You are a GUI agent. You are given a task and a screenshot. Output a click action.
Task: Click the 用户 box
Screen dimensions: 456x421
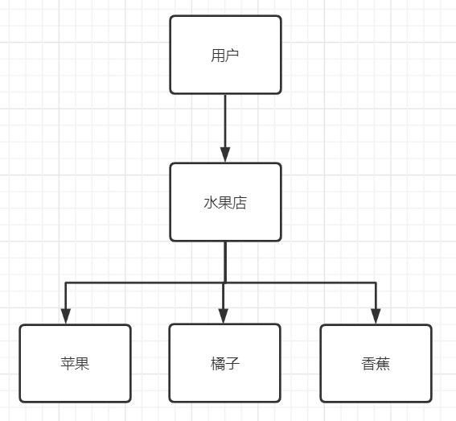[225, 55]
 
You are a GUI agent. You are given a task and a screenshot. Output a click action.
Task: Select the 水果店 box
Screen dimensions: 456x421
[225, 202]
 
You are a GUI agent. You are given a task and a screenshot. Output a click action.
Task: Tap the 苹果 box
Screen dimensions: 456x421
[75, 363]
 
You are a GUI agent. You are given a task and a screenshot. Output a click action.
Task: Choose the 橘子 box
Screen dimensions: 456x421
[224, 363]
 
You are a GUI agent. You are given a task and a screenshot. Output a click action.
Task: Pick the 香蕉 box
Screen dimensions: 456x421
[376, 363]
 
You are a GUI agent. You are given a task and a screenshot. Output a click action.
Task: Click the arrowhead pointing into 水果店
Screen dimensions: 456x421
[225, 155]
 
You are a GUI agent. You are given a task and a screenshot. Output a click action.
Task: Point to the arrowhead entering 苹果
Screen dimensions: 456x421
[66, 316]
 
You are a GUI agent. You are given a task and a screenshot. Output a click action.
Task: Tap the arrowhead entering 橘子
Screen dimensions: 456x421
[223, 316]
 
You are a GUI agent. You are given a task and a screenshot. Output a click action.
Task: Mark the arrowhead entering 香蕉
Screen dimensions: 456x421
[376, 316]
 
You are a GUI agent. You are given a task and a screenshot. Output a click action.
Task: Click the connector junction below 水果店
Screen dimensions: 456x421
[225, 283]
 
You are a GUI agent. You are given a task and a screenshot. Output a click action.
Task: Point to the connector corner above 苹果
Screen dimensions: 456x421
[66, 283]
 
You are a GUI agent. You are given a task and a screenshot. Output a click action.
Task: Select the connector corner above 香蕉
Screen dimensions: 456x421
[376, 283]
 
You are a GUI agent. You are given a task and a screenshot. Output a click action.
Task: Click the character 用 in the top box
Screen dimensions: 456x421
[218, 56]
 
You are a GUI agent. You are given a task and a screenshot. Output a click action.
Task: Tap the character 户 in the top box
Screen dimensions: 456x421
[232, 56]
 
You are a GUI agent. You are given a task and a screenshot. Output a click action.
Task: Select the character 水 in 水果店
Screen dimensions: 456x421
[211, 203]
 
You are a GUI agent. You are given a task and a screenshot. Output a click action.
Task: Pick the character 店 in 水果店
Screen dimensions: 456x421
[240, 203]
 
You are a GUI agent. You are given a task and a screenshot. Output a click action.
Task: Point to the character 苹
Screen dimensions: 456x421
[68, 364]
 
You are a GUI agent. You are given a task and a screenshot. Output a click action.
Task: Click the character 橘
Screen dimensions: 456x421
[217, 364]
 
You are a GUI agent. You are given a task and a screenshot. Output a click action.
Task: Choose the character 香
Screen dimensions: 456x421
[368, 364]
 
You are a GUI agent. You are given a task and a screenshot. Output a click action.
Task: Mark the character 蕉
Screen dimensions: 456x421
[383, 364]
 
